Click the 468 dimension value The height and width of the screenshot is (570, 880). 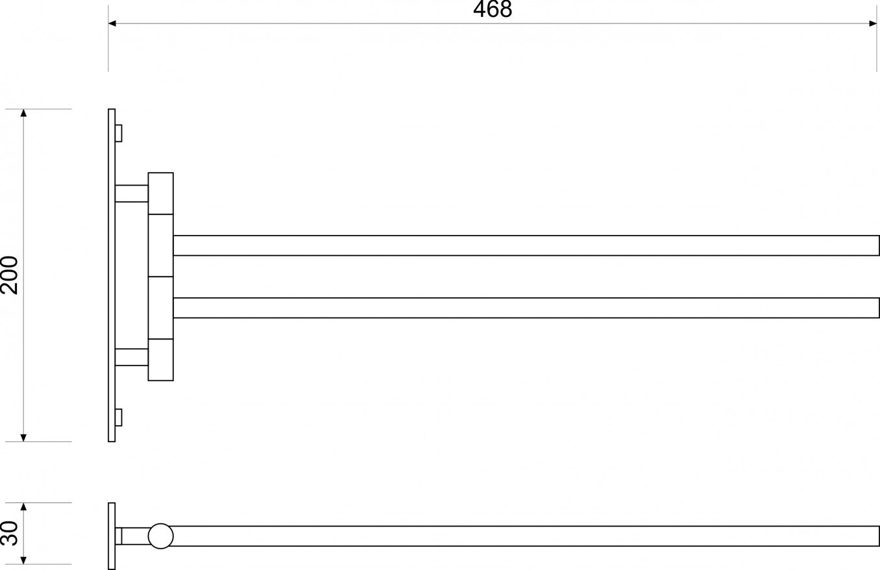493,9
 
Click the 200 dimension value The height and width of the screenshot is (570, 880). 10,275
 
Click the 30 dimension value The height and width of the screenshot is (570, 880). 10,533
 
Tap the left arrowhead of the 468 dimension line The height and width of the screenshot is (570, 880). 112,23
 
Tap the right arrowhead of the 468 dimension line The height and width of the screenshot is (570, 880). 873,23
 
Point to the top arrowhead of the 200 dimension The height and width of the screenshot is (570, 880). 23,113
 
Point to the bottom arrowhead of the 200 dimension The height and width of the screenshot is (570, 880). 23,438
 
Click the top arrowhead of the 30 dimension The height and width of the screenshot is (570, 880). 23,507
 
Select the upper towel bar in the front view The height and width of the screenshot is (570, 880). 526,245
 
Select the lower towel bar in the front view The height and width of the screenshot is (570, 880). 526,308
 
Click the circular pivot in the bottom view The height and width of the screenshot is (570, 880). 161,536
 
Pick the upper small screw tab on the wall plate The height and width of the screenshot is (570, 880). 119,133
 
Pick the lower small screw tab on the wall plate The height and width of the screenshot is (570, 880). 119,417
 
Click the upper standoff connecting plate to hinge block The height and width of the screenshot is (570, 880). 132,193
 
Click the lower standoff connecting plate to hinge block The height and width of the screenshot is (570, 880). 132,357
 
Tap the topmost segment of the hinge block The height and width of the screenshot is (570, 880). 161,193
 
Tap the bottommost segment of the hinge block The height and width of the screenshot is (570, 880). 161,360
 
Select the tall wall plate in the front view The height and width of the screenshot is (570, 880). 112,275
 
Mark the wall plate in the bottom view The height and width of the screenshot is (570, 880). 112,536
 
